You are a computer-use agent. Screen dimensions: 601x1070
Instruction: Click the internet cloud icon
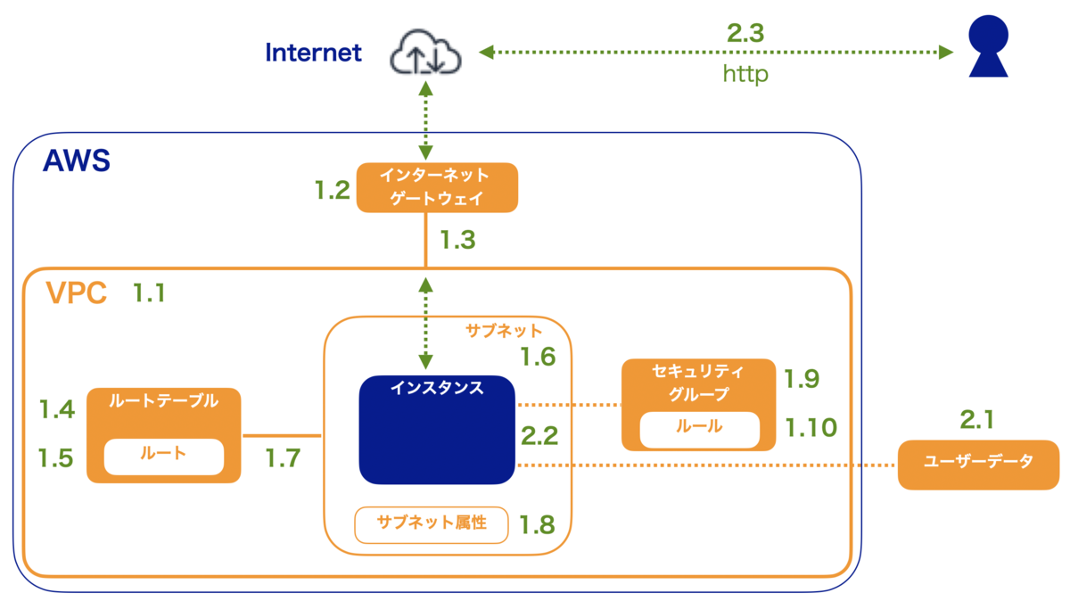pos(425,53)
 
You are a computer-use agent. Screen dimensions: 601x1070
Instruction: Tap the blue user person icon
pos(989,47)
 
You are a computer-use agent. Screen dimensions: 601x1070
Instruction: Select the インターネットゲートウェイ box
pos(437,187)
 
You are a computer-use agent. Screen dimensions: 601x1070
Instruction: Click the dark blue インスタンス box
pos(437,430)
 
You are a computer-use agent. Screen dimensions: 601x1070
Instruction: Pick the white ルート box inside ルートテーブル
pos(164,457)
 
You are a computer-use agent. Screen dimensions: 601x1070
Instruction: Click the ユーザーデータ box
pos(978,465)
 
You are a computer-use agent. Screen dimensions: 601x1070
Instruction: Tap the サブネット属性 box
pos(432,524)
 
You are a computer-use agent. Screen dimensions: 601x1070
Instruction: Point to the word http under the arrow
pos(745,75)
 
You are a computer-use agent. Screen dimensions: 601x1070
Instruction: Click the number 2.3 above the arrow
pos(745,33)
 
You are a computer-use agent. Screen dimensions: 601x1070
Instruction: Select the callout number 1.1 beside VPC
pos(149,292)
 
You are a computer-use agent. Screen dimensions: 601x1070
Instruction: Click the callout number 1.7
pos(283,458)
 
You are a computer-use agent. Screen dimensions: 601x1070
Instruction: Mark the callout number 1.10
pos(811,428)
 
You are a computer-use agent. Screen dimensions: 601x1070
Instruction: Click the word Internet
pos(314,53)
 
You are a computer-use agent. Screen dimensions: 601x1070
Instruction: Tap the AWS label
pos(77,161)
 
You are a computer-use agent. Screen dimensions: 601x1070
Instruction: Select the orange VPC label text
pos(77,293)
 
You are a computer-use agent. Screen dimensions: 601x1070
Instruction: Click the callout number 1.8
pos(538,523)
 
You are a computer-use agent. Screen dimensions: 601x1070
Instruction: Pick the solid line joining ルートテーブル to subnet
pos(281,436)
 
